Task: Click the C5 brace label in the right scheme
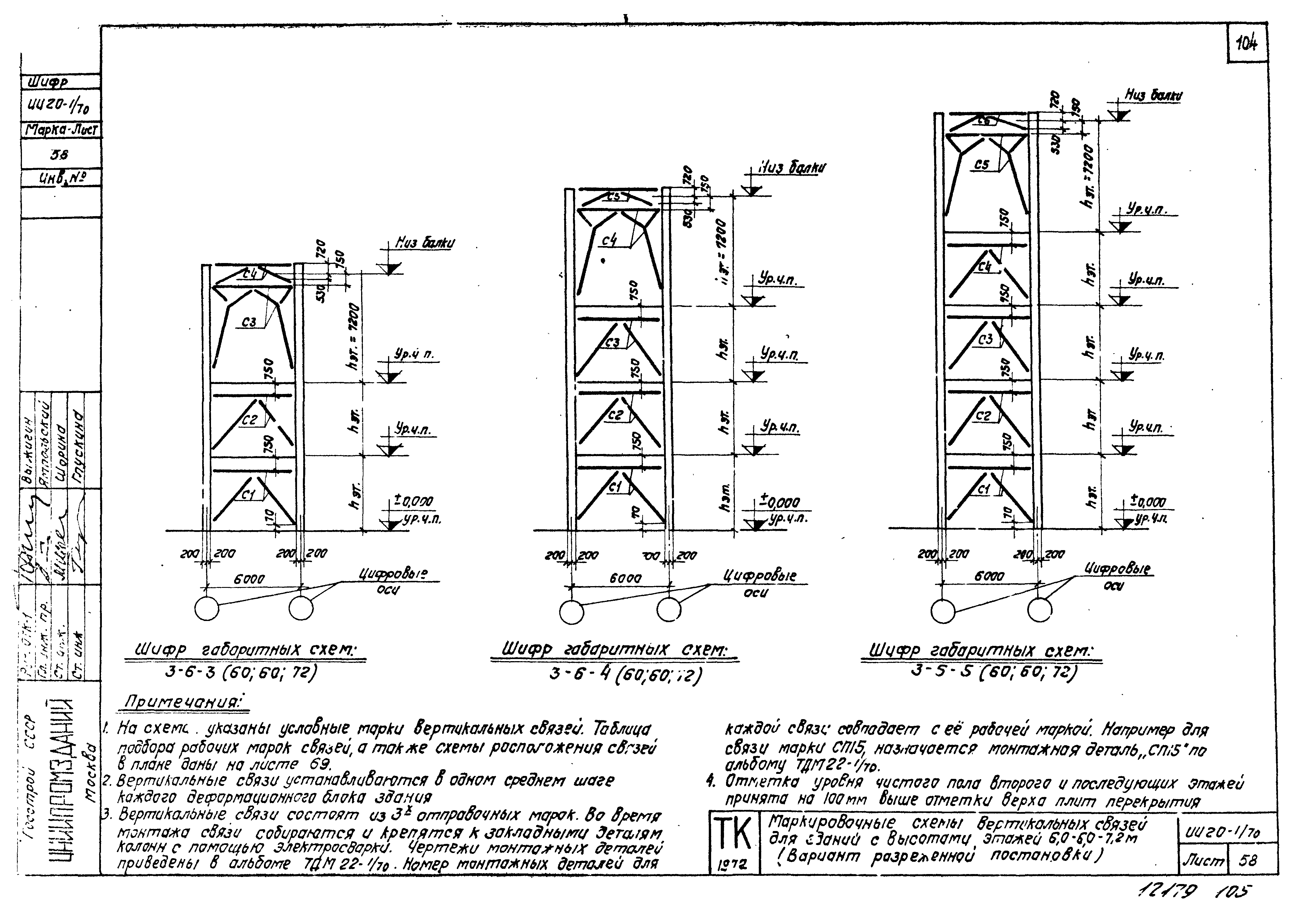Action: [982, 165]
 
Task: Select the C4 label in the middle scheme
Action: [609, 241]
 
